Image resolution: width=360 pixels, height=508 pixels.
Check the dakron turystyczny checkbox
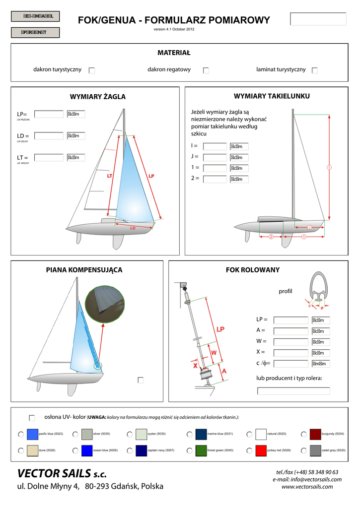click(92, 70)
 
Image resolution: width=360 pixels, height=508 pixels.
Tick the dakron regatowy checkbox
click(206, 70)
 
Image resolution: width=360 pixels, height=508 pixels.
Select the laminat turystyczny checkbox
click(315, 70)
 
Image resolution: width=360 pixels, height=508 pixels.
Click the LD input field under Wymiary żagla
click(49, 136)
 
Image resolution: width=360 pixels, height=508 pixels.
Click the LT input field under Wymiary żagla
click(49, 158)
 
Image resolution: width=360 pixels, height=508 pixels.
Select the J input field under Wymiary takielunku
click(215, 157)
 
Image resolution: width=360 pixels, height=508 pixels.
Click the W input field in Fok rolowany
click(291, 342)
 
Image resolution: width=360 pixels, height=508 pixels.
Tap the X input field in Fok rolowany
click(291, 353)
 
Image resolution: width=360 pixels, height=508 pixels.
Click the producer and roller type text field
click(293, 390)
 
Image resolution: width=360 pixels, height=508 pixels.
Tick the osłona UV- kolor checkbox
click(32, 418)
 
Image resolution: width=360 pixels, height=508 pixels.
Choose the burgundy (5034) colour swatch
click(315, 435)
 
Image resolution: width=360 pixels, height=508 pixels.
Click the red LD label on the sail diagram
click(133, 228)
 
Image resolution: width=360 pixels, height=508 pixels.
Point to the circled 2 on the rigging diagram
click(271, 237)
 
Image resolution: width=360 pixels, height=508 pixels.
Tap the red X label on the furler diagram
click(196, 366)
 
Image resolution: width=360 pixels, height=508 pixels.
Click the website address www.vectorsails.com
click(307, 487)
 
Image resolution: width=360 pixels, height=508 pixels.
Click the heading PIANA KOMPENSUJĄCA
click(84, 270)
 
